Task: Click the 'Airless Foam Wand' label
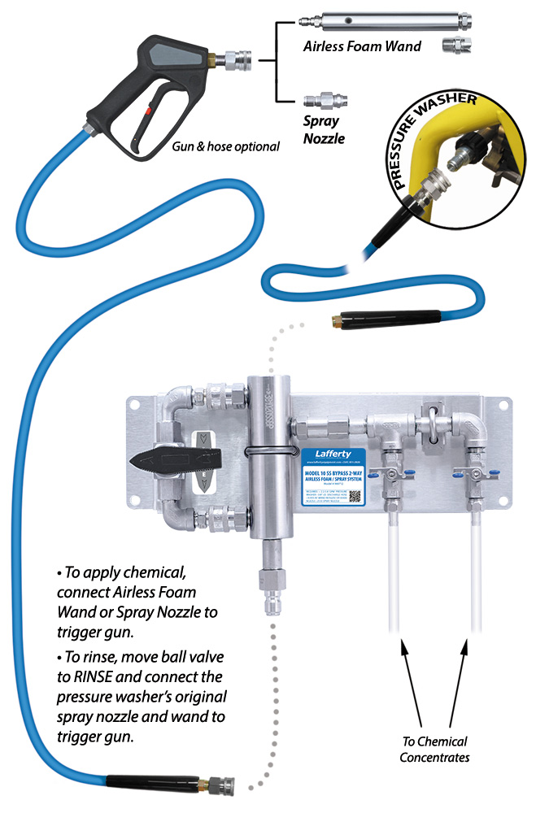362,46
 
